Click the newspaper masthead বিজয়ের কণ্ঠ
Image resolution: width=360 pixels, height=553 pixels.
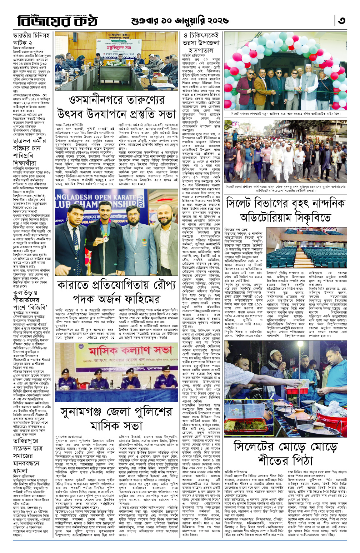coord(57,21)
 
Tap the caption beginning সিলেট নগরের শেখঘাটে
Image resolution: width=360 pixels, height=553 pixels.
coord(285,113)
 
